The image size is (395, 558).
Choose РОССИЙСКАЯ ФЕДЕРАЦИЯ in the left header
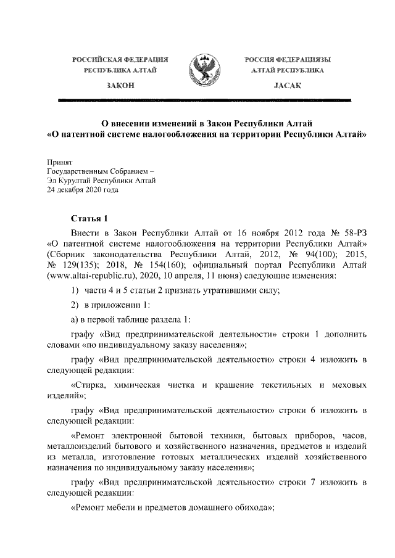tap(120, 59)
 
